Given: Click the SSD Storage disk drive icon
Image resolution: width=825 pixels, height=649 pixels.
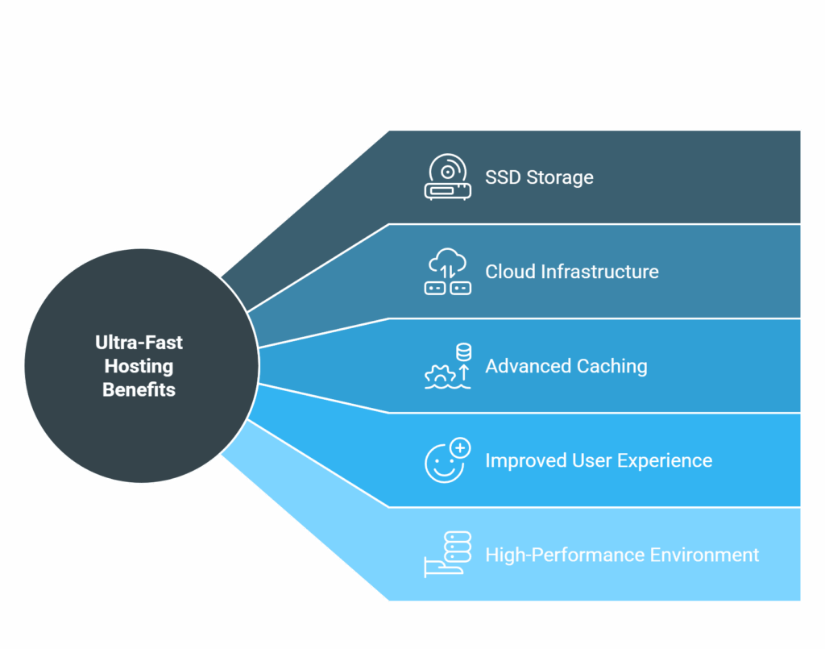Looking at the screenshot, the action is tap(448, 177).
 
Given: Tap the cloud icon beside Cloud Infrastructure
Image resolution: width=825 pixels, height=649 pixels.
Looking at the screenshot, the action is tap(448, 271).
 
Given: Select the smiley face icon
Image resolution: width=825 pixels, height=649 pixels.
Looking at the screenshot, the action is tap(445, 464).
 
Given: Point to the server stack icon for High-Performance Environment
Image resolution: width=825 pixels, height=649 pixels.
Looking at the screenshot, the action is tap(448, 554).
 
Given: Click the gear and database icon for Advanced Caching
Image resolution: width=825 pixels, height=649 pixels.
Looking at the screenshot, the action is tap(448, 366).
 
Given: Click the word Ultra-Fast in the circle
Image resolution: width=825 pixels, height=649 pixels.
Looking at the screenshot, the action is tap(139, 343).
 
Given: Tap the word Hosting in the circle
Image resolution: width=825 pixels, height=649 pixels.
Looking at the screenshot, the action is tap(139, 366).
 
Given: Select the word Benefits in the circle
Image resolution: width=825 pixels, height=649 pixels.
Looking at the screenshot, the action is tap(139, 389).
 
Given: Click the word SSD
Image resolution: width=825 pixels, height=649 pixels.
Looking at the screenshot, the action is tap(503, 177).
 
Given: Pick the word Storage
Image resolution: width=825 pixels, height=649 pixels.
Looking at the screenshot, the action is tap(560, 178).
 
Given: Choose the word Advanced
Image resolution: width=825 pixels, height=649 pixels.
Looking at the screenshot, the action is tap(529, 366).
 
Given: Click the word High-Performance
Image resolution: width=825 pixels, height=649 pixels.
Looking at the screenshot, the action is tap(565, 555).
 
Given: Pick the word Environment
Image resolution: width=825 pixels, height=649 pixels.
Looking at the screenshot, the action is tap(704, 555).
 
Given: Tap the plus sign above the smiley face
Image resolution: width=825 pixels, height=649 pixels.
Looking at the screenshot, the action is tap(460, 448).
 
